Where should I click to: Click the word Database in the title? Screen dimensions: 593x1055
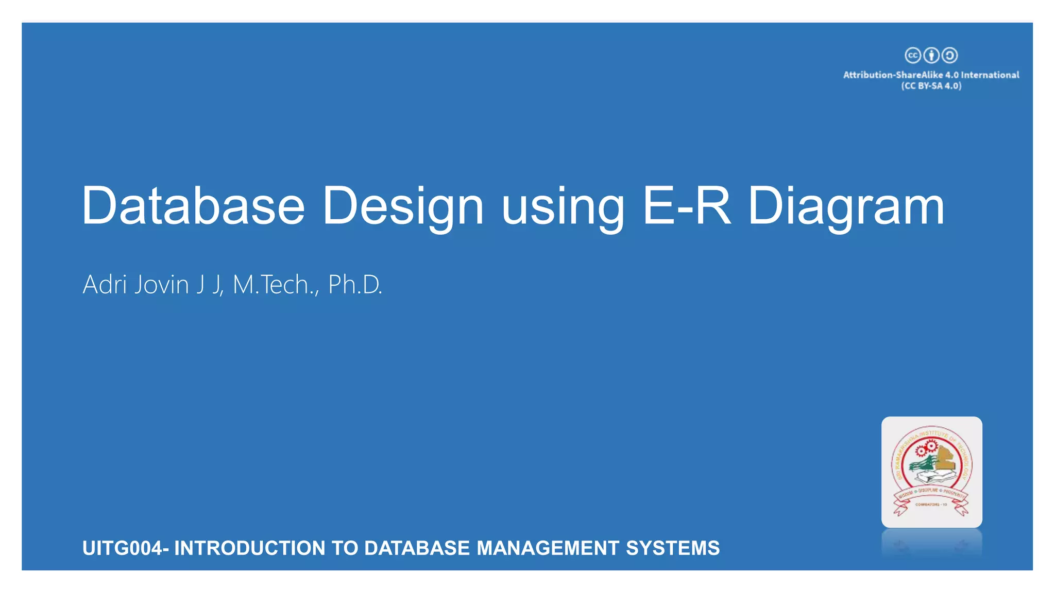[x=193, y=206]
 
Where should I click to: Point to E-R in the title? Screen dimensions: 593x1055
[x=687, y=206]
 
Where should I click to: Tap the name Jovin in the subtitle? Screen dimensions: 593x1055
[x=161, y=285]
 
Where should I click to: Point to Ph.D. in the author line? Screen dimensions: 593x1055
[x=355, y=285]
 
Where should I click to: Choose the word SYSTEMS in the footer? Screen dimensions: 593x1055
[x=672, y=548]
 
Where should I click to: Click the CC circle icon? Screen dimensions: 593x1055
[x=913, y=55]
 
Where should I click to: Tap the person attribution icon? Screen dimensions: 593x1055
[x=931, y=55]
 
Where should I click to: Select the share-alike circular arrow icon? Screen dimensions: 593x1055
[x=949, y=55]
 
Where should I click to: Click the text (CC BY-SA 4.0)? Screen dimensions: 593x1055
[x=931, y=86]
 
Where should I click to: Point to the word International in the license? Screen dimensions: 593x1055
[x=990, y=75]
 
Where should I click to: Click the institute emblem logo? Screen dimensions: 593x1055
[x=931, y=472]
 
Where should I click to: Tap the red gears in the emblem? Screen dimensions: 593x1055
[x=925, y=449]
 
